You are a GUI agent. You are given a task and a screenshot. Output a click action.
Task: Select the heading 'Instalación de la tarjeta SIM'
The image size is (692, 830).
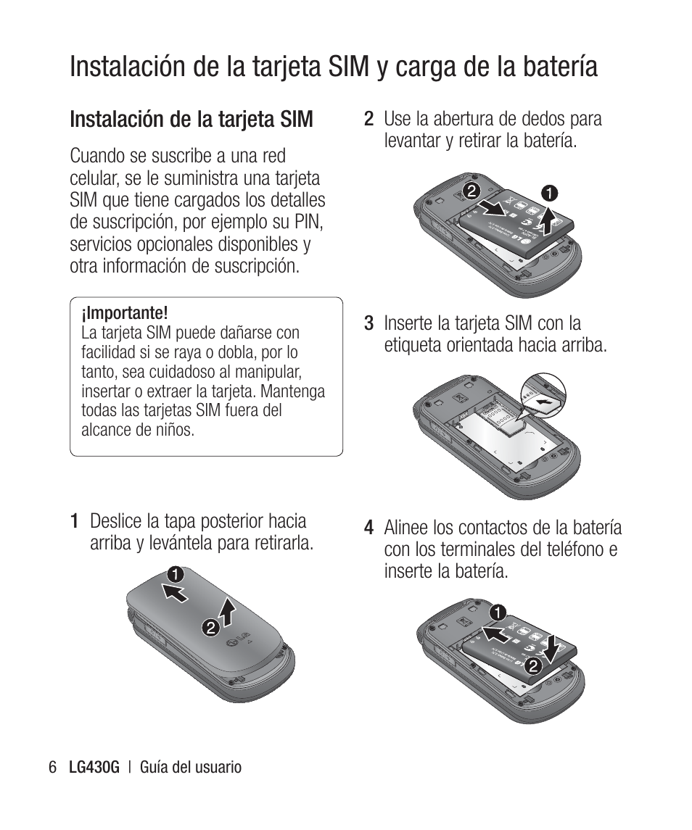[191, 119]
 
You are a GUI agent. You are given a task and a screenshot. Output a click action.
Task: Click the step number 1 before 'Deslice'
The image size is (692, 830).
[75, 521]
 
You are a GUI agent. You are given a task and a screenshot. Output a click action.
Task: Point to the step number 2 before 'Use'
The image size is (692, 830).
[368, 118]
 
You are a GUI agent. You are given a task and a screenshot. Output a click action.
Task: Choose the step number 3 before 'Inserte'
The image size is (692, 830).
[368, 323]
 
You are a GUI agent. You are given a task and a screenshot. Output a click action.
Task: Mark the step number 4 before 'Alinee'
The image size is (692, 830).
[369, 528]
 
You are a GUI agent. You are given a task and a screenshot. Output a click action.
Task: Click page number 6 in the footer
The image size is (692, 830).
[52, 767]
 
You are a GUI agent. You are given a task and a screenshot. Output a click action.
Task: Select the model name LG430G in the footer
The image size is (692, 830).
[93, 767]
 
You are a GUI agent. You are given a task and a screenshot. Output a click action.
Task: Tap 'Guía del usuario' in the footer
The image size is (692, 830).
[191, 767]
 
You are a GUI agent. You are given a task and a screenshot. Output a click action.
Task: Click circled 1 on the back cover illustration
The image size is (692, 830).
[173, 576]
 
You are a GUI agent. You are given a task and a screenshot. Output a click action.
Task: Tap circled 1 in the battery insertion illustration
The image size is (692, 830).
[498, 612]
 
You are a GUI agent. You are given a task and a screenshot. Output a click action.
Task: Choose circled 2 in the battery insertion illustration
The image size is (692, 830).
[534, 665]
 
